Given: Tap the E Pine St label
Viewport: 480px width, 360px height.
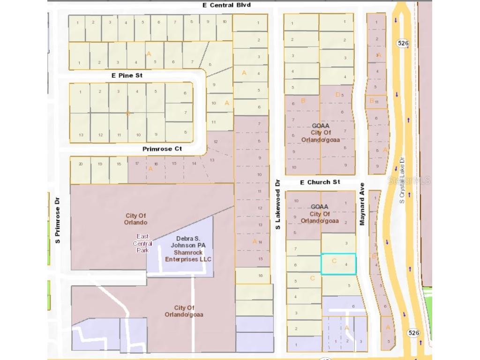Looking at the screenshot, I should [127, 75].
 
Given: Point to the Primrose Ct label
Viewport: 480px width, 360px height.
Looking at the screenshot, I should [162, 149].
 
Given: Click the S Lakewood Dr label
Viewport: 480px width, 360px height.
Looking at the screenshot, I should [277, 204].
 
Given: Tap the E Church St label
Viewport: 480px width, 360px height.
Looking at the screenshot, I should [320, 182].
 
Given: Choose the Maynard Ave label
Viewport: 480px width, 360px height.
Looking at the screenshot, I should [362, 204].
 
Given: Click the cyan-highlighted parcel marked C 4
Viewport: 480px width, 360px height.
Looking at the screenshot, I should [338, 263].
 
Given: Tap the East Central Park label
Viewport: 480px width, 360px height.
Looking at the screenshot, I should [142, 243].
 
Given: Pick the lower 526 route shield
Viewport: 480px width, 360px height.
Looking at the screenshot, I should [413, 333].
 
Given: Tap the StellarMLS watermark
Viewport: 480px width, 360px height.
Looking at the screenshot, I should [414, 180].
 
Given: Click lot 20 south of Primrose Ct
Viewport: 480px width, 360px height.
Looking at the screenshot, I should [81, 165].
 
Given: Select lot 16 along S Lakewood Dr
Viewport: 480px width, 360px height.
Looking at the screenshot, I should [260, 276].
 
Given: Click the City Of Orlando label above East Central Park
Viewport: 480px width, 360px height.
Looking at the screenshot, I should [136, 219].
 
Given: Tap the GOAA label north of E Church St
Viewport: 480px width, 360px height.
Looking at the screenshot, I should [320, 126].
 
